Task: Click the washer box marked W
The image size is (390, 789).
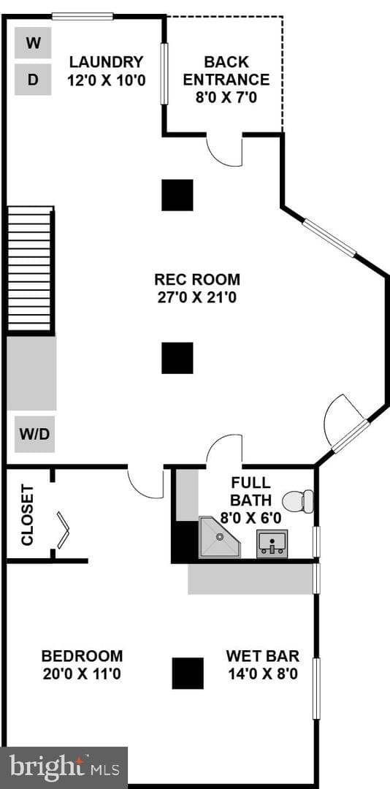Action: click(33, 43)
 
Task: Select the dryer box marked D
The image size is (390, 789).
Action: click(33, 80)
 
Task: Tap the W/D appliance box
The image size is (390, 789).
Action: click(35, 434)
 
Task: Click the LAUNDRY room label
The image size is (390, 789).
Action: click(106, 62)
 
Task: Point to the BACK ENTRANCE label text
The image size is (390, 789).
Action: click(226, 70)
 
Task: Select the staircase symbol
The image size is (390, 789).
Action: click(30, 269)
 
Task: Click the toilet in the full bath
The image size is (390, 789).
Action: click(298, 501)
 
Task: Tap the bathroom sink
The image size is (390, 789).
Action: click(272, 544)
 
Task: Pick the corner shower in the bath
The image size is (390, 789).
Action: click(219, 537)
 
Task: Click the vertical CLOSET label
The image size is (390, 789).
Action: click(27, 515)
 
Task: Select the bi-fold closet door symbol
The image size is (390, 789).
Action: click(63, 530)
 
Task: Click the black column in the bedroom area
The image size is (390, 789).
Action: click(188, 674)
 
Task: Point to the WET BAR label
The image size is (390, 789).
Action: click(263, 655)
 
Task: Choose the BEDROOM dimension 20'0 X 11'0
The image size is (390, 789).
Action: click(82, 674)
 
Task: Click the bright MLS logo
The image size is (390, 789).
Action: click(64, 768)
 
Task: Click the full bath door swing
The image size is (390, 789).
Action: click(224, 451)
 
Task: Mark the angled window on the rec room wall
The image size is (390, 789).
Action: click(329, 238)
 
